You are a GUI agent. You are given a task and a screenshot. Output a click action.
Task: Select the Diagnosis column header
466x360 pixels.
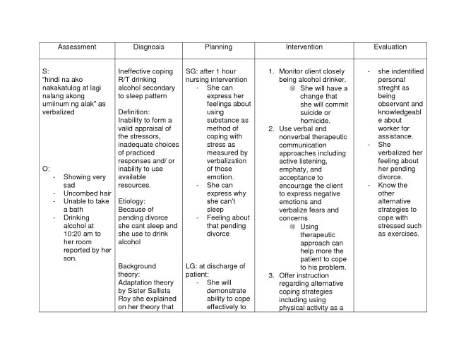149,47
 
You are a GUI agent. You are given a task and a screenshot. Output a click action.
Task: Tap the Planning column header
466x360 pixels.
218,47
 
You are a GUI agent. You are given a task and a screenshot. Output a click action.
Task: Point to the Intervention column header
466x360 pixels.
304,47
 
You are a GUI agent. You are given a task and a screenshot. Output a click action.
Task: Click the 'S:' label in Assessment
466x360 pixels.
46,72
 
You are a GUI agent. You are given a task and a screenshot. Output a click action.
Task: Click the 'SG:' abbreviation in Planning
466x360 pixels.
192,72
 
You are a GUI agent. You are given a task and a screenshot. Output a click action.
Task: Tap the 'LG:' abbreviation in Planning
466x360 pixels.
192,266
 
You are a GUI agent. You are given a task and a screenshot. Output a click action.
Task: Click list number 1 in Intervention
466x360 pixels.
272,72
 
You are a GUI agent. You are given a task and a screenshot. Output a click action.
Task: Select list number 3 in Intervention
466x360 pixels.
272,275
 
